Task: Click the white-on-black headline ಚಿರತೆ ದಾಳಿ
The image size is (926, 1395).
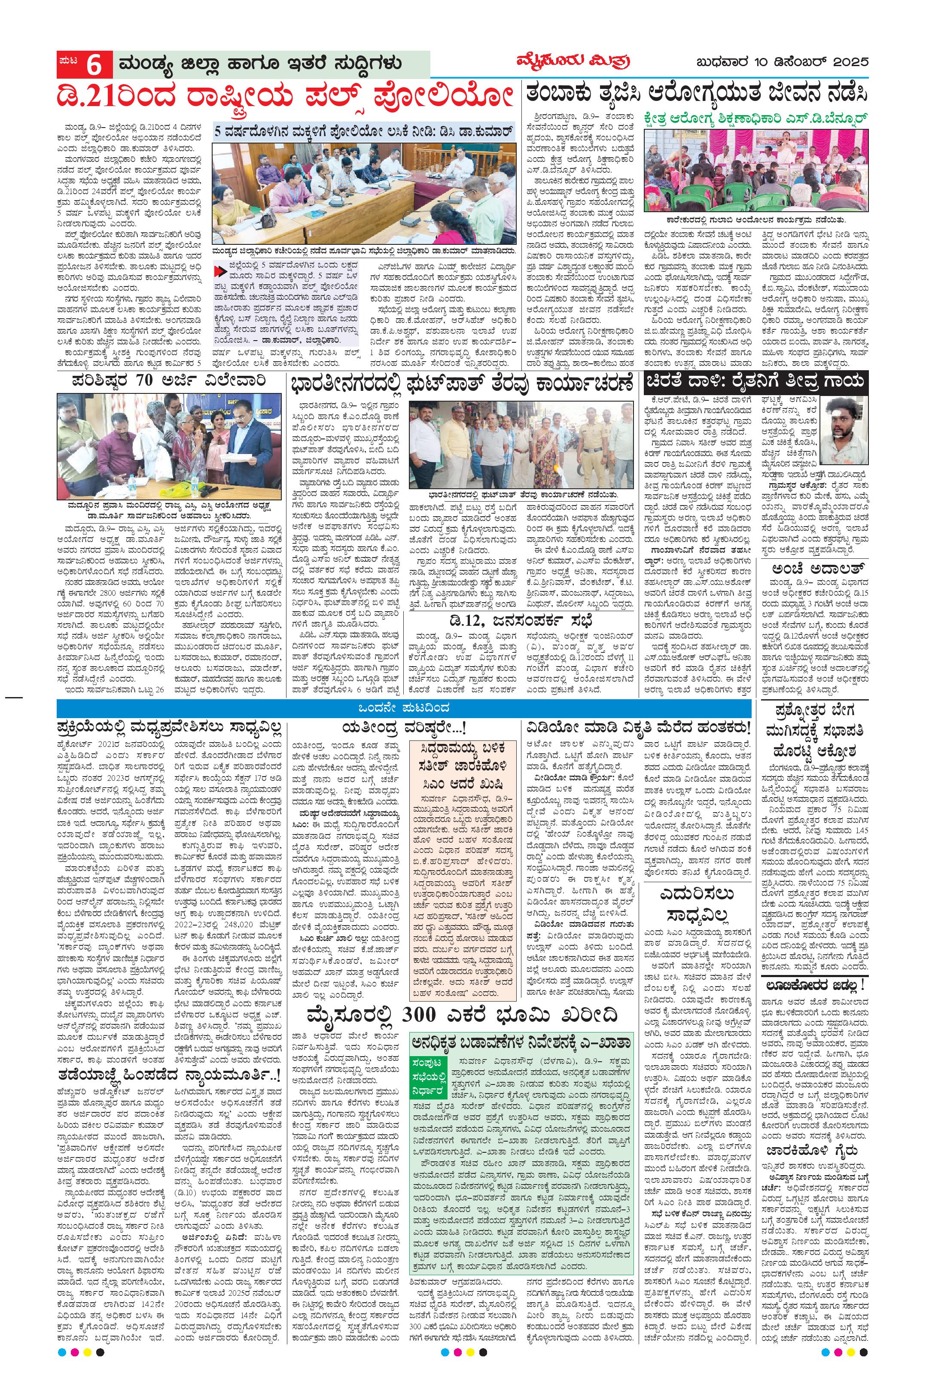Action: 756,381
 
